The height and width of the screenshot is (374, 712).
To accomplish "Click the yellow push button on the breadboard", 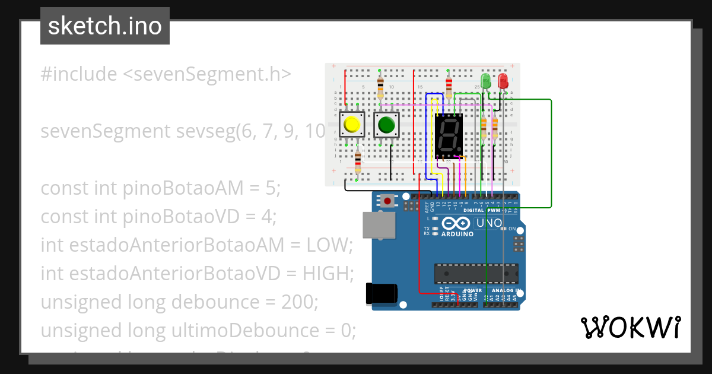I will (x=351, y=125).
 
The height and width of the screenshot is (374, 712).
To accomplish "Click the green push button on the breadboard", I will (x=386, y=125).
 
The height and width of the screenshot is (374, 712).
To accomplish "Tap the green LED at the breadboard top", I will (x=485, y=81).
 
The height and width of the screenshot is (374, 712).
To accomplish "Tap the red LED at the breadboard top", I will (x=503, y=81).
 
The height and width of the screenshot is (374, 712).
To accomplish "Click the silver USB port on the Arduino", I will (x=379, y=225).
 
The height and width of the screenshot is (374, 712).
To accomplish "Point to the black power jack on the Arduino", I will (x=380, y=294).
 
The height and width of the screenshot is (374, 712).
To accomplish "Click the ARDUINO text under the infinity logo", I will (x=457, y=234).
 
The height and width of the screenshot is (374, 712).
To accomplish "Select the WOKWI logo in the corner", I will (x=630, y=327).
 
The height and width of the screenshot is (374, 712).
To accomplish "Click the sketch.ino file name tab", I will (x=105, y=26).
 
